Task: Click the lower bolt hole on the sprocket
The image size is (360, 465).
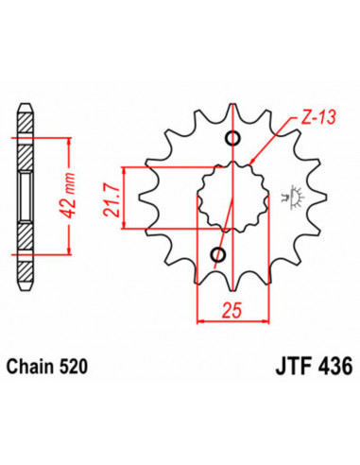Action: [x=218, y=254]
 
